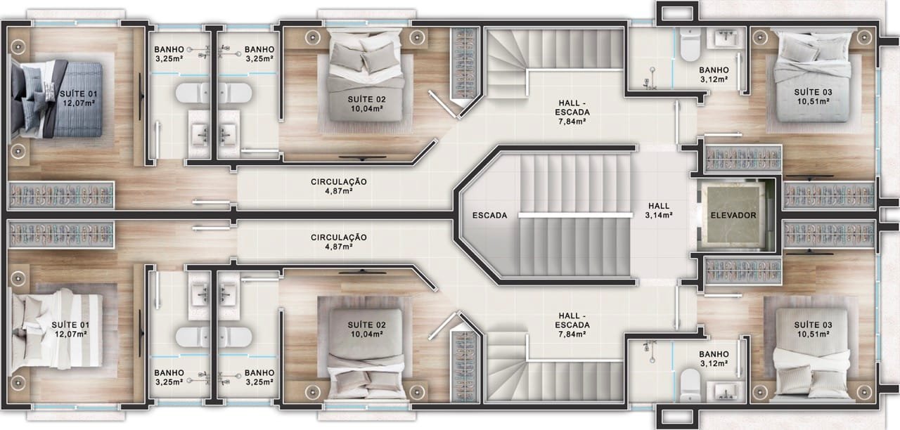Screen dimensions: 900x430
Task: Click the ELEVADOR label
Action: pos(733,216)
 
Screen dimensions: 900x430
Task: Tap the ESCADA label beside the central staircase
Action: pos(490,216)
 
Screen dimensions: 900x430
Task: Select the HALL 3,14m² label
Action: pos(660,211)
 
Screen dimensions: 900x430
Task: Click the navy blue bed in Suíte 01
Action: pos(56,99)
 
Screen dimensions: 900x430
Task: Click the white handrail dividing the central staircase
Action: pos(575,216)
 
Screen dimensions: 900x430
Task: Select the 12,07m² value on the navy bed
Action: pos(79,103)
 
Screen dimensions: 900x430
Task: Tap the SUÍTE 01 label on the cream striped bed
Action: pos(70,325)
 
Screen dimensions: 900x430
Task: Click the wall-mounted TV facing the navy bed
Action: pos(141,96)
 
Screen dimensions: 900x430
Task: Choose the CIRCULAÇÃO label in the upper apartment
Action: pos(339,182)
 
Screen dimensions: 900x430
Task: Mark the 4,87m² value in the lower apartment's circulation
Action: pos(339,247)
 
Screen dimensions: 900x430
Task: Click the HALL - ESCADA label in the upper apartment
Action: pos(572,108)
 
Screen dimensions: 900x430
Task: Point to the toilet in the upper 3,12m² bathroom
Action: pos(690,44)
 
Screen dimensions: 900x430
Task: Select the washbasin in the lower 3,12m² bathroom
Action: pos(725,391)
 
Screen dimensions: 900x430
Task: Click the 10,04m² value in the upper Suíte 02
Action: pos(366,108)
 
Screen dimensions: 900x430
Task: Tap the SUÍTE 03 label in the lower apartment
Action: pos(813,325)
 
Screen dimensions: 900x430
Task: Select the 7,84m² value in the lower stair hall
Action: pos(572,334)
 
